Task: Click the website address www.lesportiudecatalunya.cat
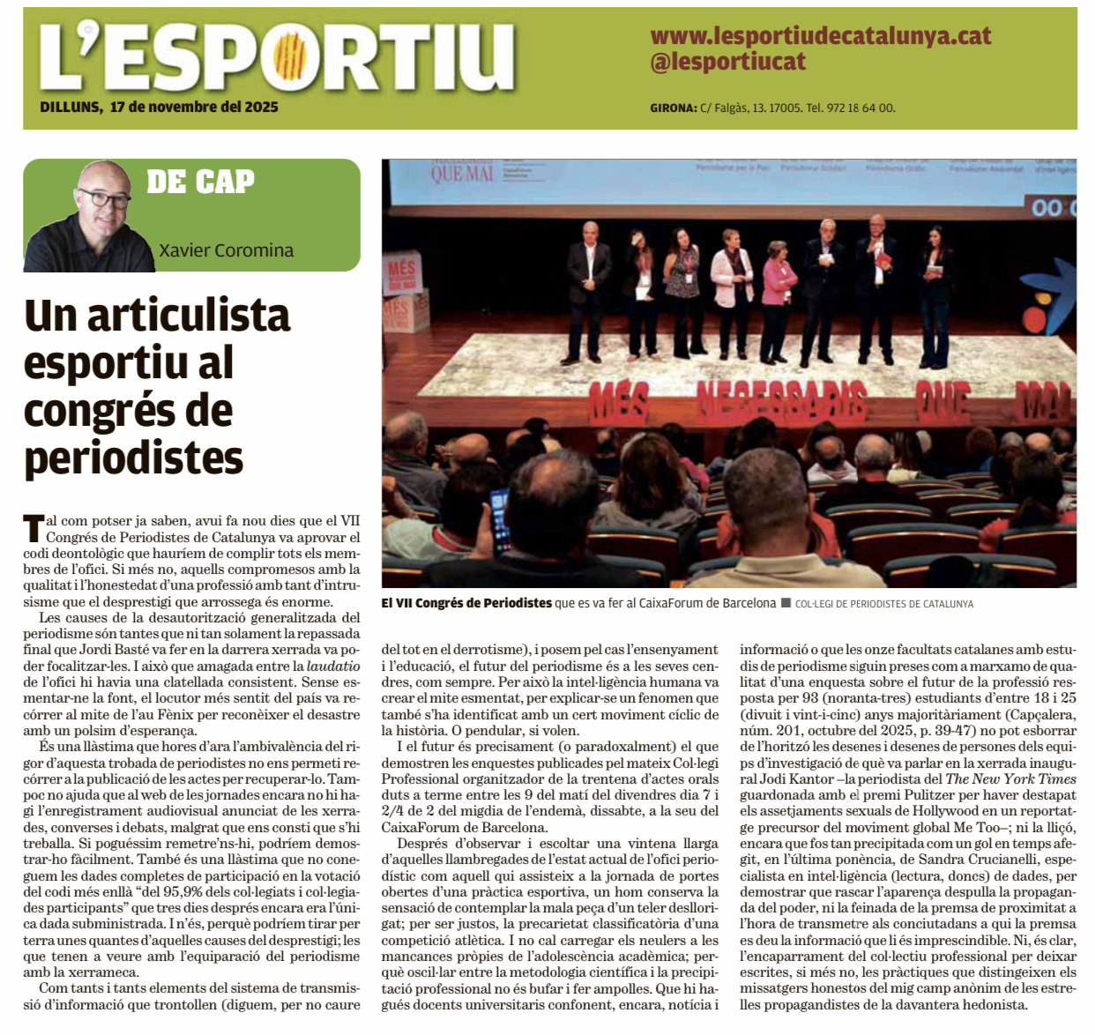[x=820, y=36]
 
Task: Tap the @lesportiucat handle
[x=728, y=62]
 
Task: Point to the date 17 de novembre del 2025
[x=194, y=107]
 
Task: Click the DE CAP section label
[x=200, y=182]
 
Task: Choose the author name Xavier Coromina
[x=226, y=250]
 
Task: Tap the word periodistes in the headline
[x=133, y=458]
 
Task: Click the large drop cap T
[x=33, y=528]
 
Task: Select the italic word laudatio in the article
[x=333, y=666]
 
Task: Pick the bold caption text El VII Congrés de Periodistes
[x=466, y=603]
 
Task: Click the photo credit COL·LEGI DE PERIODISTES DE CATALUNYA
[x=883, y=604]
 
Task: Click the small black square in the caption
[x=786, y=603]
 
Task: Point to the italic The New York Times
[x=1010, y=778]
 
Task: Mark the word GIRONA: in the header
[x=673, y=108]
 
